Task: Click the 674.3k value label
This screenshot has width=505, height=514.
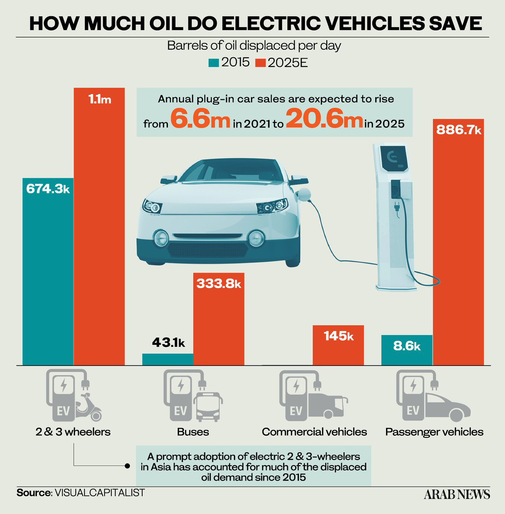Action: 48,189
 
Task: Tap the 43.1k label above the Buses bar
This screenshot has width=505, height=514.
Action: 168,343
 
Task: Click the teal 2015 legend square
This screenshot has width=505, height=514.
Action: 214,63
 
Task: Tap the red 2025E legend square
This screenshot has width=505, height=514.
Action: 260,63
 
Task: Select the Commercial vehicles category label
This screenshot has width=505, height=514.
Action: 314,432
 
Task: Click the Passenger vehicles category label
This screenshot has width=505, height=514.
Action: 434,432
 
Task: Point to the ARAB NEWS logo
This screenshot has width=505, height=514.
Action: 457,495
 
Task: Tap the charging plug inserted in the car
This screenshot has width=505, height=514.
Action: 304,194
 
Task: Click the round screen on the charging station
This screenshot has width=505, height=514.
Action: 392,157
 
